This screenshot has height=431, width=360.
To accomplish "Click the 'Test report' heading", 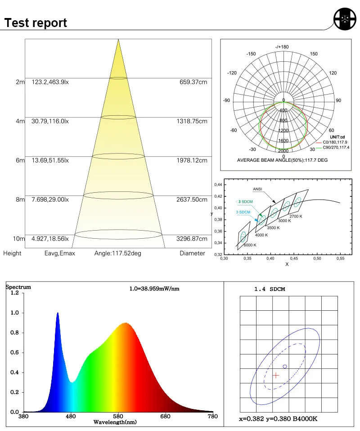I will tap(36, 23).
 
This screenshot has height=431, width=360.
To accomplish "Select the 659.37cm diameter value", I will tap(193, 82).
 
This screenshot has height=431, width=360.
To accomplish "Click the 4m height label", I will tap(20, 121).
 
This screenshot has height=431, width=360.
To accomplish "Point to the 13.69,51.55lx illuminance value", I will tap(50, 160).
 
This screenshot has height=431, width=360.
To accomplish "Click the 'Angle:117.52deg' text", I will tap(118, 253).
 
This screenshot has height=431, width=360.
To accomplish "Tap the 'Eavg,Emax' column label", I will tap(59, 253).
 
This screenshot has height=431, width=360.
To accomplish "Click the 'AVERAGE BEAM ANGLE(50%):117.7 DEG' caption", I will tap(282, 160).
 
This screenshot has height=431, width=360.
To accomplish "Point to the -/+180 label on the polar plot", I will tap(282, 47).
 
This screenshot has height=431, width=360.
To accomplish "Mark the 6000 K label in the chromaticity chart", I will tap(249, 245).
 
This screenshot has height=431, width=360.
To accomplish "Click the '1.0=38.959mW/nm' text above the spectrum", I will tap(154, 289).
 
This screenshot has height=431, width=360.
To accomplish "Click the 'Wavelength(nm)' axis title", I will tap(115, 422).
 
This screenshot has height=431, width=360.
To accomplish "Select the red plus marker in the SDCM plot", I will tap(276, 375).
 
